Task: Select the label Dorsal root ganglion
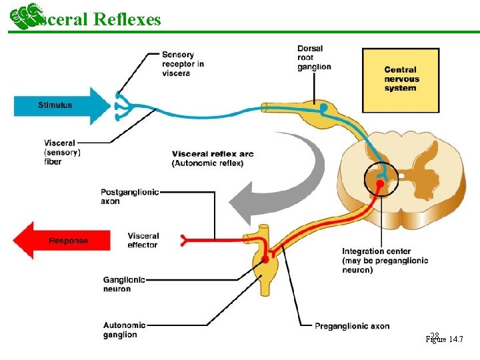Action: tap(314, 57)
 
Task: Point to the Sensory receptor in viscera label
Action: tap(182, 64)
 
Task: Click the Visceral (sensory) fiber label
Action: tap(63, 152)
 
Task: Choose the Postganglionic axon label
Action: tap(129, 196)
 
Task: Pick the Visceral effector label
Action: tap(143, 240)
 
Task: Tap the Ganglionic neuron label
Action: tap(123, 284)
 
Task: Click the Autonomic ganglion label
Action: tap(121, 329)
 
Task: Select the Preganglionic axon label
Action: tap(352, 326)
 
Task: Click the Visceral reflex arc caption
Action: tap(212, 159)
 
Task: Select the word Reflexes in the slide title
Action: tap(127, 19)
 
